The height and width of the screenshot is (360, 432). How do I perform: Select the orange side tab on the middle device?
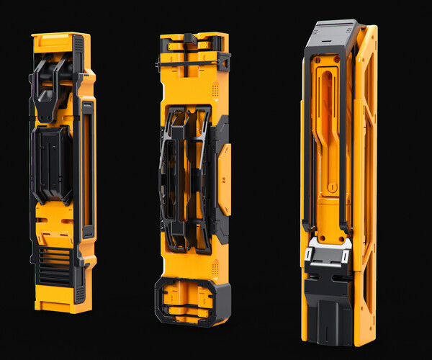(x=225, y=177)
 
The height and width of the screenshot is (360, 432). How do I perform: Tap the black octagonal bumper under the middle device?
(x=191, y=300)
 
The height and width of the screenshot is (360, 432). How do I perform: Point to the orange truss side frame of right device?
(x=366, y=180)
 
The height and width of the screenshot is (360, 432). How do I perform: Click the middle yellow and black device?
(x=193, y=180)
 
